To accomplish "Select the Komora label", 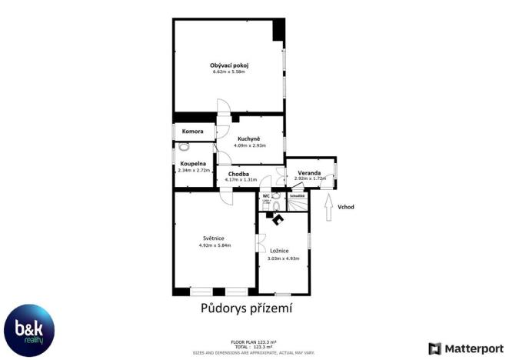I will tap(192, 132).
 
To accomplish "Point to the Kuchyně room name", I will tap(248, 138).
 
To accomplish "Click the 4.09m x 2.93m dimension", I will tap(248, 145).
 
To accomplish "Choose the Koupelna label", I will tap(193, 163).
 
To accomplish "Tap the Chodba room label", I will tap(238, 174).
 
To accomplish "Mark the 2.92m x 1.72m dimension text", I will tap(309, 179).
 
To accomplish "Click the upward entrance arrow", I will tap(329, 208).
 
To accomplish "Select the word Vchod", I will tap(346, 207).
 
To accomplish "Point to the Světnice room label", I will tap(215, 238).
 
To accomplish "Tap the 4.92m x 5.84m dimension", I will tap(215, 245).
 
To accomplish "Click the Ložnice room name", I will tap(279, 251).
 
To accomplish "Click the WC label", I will tap(266, 196).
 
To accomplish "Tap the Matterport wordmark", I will tap(472, 348).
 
